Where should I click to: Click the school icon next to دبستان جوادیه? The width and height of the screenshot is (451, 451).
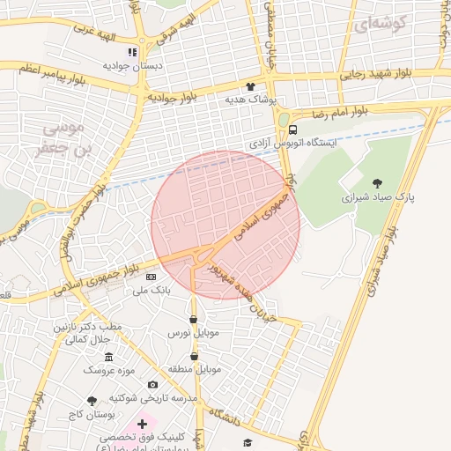(132, 52)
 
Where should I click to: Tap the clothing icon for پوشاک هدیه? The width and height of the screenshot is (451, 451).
(251, 87)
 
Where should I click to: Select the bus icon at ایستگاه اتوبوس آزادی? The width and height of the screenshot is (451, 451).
(293, 127)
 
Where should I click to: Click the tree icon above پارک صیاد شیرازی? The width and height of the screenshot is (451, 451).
(378, 183)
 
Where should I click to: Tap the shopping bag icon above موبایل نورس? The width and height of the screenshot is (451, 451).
(193, 320)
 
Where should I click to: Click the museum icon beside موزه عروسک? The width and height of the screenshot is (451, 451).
(108, 357)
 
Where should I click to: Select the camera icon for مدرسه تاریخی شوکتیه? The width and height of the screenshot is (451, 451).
(152, 384)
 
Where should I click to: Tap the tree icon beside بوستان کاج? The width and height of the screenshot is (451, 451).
(92, 400)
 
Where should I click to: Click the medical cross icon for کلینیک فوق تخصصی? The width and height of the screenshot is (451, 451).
(142, 425)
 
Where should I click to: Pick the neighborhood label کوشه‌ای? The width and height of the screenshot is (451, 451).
(379, 26)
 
